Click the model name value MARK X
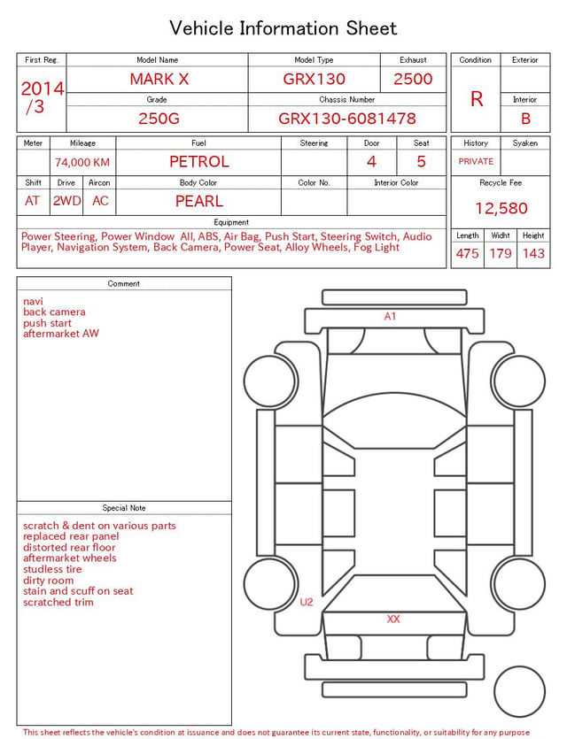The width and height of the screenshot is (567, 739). click(x=159, y=79)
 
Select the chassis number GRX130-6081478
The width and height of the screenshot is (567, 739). click(x=347, y=119)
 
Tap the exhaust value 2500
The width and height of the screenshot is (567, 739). click(x=413, y=79)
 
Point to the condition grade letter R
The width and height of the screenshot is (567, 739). click(x=477, y=99)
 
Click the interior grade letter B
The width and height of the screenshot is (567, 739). click(x=525, y=119)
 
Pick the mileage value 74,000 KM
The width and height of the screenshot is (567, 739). click(x=82, y=163)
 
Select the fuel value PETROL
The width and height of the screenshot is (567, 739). click(x=199, y=162)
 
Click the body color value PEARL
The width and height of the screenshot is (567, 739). click(x=199, y=201)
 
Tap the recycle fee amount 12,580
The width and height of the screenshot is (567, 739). click(x=501, y=208)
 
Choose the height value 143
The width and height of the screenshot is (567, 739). click(x=533, y=253)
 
